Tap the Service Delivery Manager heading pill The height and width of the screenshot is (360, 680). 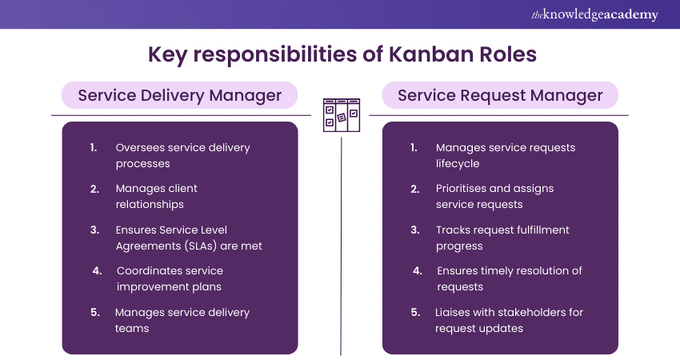pos(179,96)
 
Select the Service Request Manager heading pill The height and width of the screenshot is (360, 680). pos(500,96)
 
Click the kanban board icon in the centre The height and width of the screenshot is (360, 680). pos(340,114)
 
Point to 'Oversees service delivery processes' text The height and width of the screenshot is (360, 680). pos(182,155)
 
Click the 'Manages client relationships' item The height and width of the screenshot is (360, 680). pos(156,196)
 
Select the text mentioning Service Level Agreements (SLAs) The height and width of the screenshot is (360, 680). pos(188,238)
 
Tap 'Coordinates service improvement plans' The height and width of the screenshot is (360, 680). pos(170,278)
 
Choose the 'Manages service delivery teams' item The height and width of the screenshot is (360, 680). pos(182,320)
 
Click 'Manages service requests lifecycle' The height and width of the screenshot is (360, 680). pos(505,155)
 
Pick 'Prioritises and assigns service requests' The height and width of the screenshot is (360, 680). pos(494,196)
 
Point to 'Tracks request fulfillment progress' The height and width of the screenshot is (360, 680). pos(502,238)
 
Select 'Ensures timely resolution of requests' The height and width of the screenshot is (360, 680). pos(509,278)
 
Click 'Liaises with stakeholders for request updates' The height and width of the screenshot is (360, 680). pos(509,320)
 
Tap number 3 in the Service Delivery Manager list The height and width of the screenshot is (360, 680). pos(94,230)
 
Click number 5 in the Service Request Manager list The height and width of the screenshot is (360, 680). pos(414,312)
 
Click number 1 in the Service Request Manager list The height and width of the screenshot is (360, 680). pos(414,147)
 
